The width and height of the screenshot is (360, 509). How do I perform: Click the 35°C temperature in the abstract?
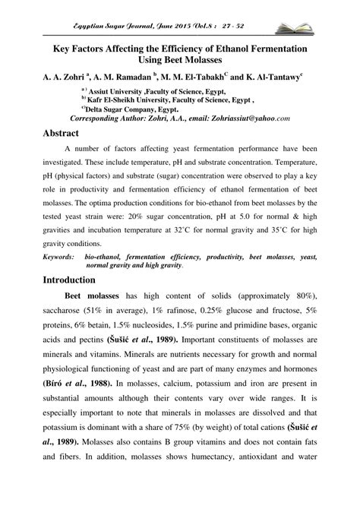[x=284, y=236]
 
